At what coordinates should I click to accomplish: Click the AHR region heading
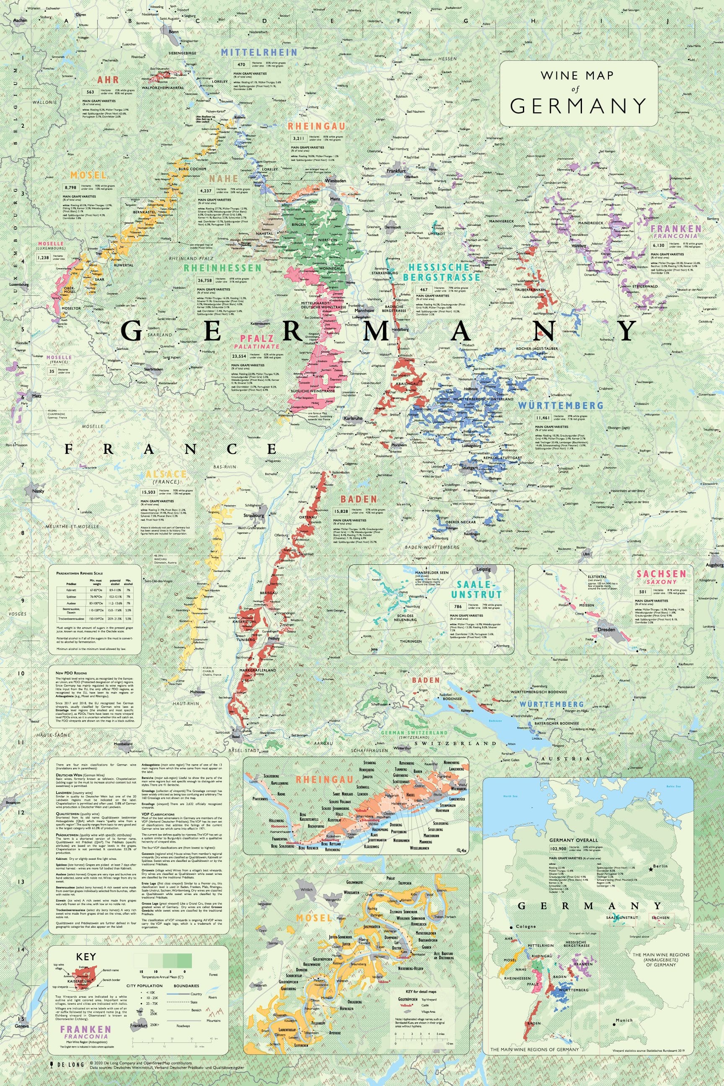[x=108, y=80]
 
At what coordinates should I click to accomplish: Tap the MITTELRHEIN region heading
[x=259, y=52]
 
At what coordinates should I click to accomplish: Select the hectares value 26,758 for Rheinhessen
[x=204, y=280]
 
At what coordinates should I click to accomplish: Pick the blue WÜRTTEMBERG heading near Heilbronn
[x=560, y=406]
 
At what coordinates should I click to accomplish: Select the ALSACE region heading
[x=166, y=474]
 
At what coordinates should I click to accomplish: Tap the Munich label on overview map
[x=623, y=1016]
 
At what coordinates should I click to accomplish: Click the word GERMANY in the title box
[x=578, y=105]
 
